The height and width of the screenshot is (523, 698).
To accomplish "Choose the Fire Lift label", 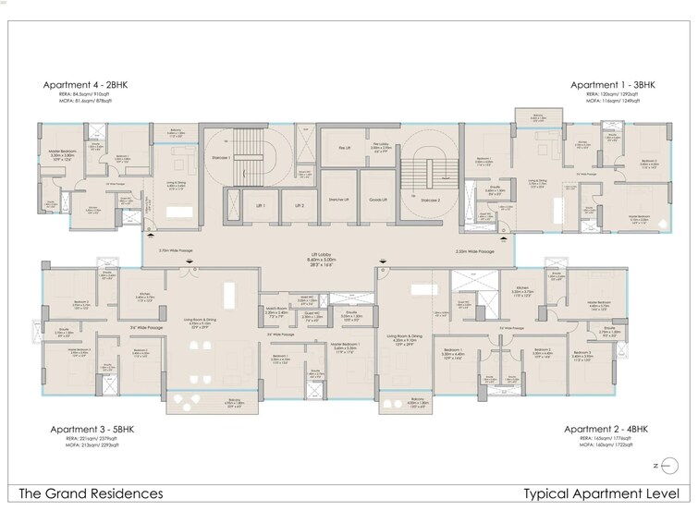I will pyautogui.click(x=344, y=147).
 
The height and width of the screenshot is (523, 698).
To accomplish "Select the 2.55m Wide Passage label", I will pyautogui.click(x=474, y=250).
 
